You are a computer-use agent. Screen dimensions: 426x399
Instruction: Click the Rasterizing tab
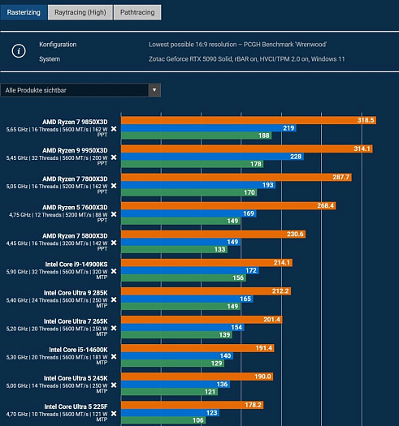click(x=24, y=12)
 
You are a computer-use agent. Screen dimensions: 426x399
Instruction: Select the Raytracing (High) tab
click(x=79, y=12)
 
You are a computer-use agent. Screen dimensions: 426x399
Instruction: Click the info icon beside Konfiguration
click(x=19, y=51)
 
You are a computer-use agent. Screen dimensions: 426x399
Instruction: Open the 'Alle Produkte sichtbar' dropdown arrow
click(x=154, y=90)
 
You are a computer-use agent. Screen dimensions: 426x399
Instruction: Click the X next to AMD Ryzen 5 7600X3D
click(x=114, y=214)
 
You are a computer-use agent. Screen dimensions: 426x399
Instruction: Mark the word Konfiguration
click(x=58, y=45)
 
